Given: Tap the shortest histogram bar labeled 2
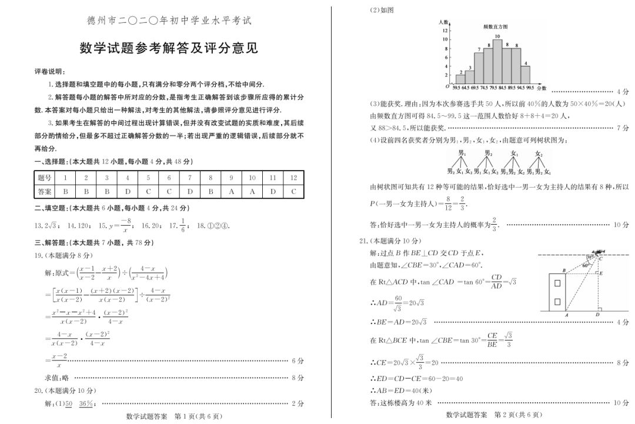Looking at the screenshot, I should pyautogui.click(x=460, y=79).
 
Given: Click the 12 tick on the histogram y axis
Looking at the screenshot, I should pyautogui.click(x=445, y=29).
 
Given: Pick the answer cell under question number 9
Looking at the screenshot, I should pyautogui.click(x=231, y=191).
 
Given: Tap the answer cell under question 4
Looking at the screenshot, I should pyautogui.click(x=128, y=191).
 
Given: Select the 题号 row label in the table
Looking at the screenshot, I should pyautogui.click(x=44, y=178).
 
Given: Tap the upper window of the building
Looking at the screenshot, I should pyautogui.click(x=557, y=283).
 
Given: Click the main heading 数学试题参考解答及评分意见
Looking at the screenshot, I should pyautogui.click(x=169, y=49).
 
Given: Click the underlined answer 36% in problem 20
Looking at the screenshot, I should pyautogui.click(x=86, y=403).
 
